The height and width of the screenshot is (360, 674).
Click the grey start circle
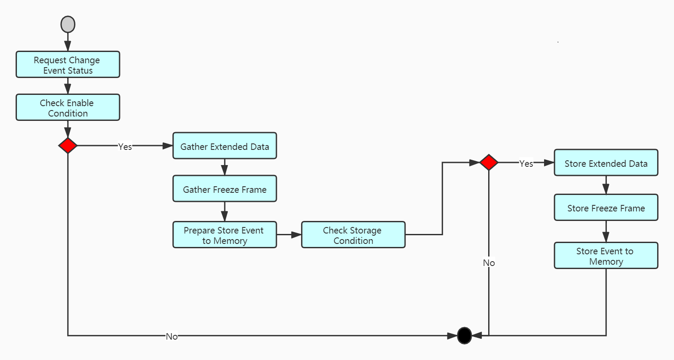click(x=68, y=24)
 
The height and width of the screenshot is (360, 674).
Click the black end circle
click(x=464, y=335)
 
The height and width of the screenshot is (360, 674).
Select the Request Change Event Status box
click(x=68, y=65)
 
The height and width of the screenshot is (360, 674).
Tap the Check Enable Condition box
click(x=68, y=107)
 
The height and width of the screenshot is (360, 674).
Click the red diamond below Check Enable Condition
click(x=68, y=146)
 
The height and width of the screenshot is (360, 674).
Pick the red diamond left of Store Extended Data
click(x=489, y=162)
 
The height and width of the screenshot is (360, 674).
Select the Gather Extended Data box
click(x=224, y=146)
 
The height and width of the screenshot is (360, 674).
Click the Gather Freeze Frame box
click(x=224, y=189)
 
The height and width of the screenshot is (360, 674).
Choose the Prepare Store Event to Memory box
click(x=224, y=235)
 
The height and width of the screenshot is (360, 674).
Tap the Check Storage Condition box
click(x=353, y=235)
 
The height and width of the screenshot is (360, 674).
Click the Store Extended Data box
click(x=606, y=163)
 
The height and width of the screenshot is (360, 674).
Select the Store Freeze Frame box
click(x=606, y=208)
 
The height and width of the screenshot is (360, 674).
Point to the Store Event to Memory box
click(x=606, y=256)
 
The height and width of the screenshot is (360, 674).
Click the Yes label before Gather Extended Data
click(x=125, y=147)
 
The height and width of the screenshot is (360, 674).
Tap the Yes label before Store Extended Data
click(x=526, y=163)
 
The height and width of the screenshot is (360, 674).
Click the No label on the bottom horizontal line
click(x=172, y=336)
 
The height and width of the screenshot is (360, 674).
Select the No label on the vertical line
click(x=489, y=263)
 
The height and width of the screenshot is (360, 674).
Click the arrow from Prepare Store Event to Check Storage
click(x=289, y=235)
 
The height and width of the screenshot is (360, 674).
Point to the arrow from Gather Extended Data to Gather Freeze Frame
click(x=224, y=167)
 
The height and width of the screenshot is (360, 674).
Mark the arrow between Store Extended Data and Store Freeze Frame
click(x=606, y=185)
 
